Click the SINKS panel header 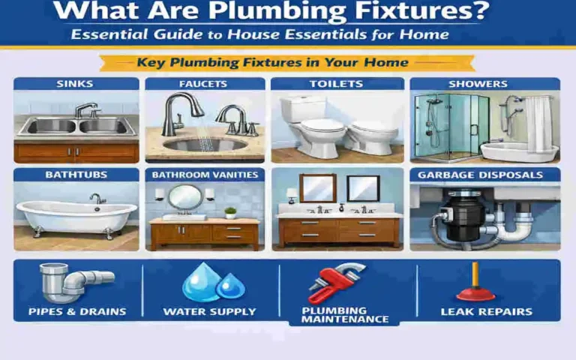(75, 84)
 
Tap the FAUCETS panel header (204, 84)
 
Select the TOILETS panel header (337, 84)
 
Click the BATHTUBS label (76, 175)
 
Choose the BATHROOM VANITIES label (204, 175)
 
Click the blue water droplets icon (208, 283)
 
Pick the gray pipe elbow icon (73, 281)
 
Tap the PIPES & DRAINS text (76, 311)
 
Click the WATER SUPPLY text (209, 311)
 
